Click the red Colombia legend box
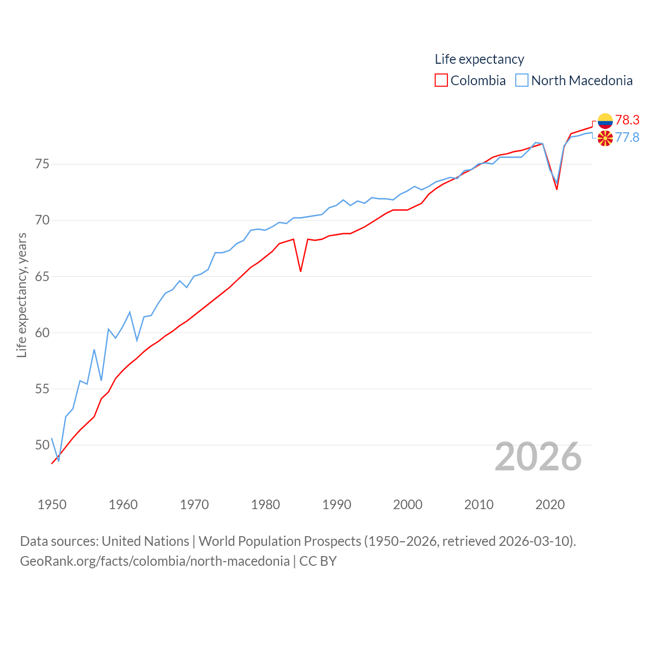pos(441,81)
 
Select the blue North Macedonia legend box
pos(522,81)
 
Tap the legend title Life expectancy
pos(479,59)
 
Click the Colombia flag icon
pos(605,121)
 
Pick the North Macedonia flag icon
pos(605,138)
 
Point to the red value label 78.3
pos(627,120)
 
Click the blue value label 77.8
pos(627,138)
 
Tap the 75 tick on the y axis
pos(42,164)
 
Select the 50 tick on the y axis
pos(42,445)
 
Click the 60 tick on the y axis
pos(42,333)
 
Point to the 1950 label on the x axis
pos(52,505)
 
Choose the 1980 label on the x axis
pos(265,505)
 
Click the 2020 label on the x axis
pos(550,505)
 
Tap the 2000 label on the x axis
pos(408,505)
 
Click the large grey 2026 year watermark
pos(538,457)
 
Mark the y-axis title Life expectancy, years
pos(22,295)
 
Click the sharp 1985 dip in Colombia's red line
pos(301,270)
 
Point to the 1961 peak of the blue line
pos(130,312)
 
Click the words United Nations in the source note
pos(145,541)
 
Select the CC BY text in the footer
pos(318,561)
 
